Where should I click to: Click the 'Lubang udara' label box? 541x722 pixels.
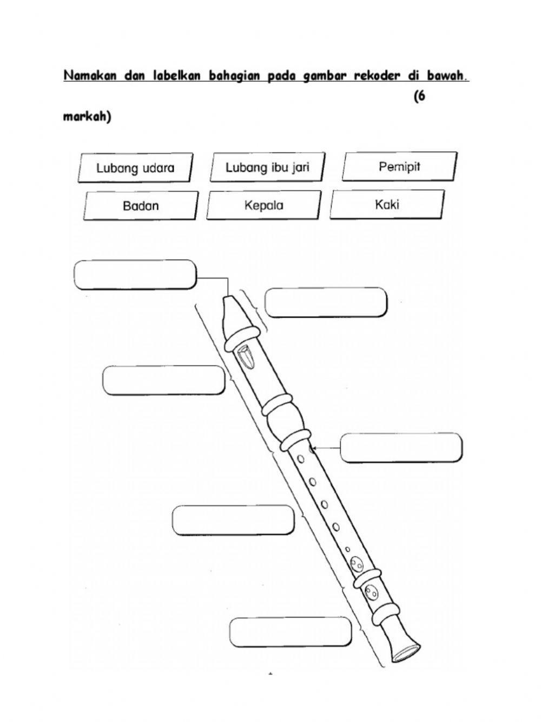click(135, 168)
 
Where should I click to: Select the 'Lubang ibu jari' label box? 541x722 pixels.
click(267, 167)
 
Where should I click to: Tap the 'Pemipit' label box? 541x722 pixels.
click(399, 166)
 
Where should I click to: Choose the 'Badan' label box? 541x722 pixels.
click(141, 206)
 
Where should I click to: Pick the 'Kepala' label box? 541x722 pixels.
click(263, 205)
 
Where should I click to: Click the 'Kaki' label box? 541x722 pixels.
click(387, 205)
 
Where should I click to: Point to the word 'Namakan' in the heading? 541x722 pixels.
click(91, 76)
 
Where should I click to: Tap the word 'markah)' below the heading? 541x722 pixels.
click(87, 117)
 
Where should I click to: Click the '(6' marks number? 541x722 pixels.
click(420, 97)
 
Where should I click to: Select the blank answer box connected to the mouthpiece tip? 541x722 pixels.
click(135, 275)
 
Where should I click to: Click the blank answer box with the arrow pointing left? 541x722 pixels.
click(401, 447)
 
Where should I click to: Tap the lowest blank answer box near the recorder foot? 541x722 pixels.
click(291, 632)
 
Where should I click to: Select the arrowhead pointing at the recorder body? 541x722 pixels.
click(314, 448)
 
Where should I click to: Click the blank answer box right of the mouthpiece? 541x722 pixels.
click(326, 302)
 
